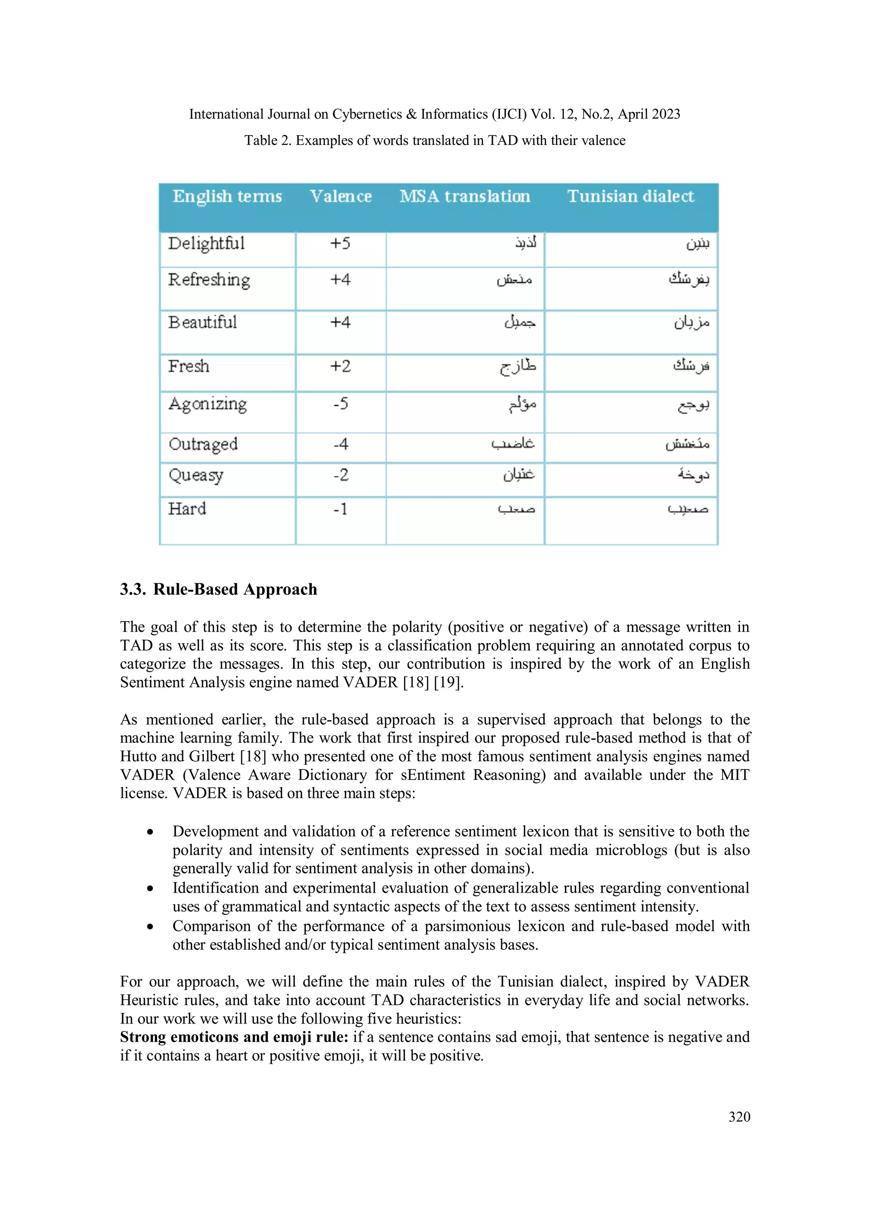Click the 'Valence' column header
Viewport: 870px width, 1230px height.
pos(341,197)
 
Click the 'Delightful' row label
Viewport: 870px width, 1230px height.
pos(206,244)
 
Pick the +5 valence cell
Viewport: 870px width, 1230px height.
pos(340,244)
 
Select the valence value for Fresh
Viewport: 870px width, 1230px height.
pos(340,366)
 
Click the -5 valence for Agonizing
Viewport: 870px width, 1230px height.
pos(340,403)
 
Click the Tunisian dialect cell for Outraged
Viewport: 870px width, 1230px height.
pos(687,444)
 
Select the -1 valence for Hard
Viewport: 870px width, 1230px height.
pos(340,509)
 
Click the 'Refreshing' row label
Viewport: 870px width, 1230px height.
pos(209,280)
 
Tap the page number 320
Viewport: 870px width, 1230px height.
pos(739,1117)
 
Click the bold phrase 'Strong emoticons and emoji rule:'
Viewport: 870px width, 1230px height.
pos(234,1037)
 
